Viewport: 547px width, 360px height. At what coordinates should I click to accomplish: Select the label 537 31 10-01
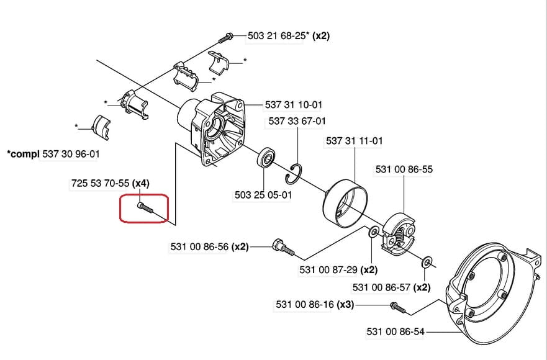(x=294, y=105)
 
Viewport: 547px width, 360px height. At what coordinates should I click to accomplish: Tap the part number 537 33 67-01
(x=297, y=121)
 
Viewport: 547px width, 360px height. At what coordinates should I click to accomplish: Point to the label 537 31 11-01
(x=354, y=141)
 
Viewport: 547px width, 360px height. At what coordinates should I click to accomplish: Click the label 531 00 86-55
(x=404, y=169)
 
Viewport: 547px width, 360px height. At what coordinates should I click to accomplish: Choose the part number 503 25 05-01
(x=263, y=195)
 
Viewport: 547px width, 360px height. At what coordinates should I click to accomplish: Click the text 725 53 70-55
(x=100, y=183)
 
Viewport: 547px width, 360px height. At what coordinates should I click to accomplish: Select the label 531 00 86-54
(x=396, y=331)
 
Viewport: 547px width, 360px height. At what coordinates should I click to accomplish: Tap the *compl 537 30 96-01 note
(x=53, y=154)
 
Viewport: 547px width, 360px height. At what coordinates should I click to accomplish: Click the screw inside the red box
(x=145, y=208)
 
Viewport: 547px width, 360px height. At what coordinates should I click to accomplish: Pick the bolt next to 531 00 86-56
(x=283, y=246)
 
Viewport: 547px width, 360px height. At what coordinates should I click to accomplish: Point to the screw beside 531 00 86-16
(x=398, y=308)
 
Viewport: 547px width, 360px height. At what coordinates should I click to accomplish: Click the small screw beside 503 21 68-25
(x=226, y=37)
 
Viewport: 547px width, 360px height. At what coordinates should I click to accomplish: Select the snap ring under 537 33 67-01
(x=292, y=174)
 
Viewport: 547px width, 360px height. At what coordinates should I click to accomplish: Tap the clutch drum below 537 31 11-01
(x=345, y=204)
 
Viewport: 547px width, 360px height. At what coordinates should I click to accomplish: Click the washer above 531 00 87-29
(x=374, y=232)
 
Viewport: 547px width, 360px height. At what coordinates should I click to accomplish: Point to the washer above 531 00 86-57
(x=426, y=262)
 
